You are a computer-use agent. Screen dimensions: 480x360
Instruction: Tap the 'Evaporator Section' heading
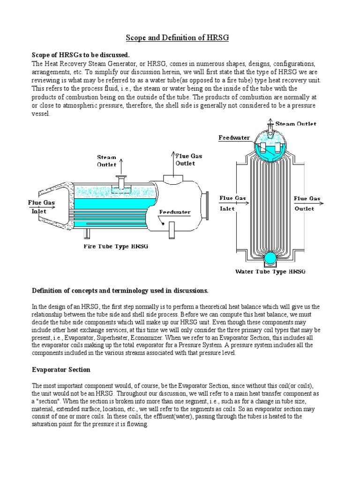click(x=61, y=370)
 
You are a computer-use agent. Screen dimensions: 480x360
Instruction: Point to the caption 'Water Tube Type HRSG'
click(x=270, y=271)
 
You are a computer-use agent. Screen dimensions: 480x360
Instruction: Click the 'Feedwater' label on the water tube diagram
click(x=234, y=138)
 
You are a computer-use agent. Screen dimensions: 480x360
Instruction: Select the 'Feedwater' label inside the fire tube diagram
click(x=174, y=212)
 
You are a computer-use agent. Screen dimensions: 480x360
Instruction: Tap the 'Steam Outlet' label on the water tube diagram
click(x=296, y=124)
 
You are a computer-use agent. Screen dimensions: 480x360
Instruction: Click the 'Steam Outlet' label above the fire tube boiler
click(x=107, y=161)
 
